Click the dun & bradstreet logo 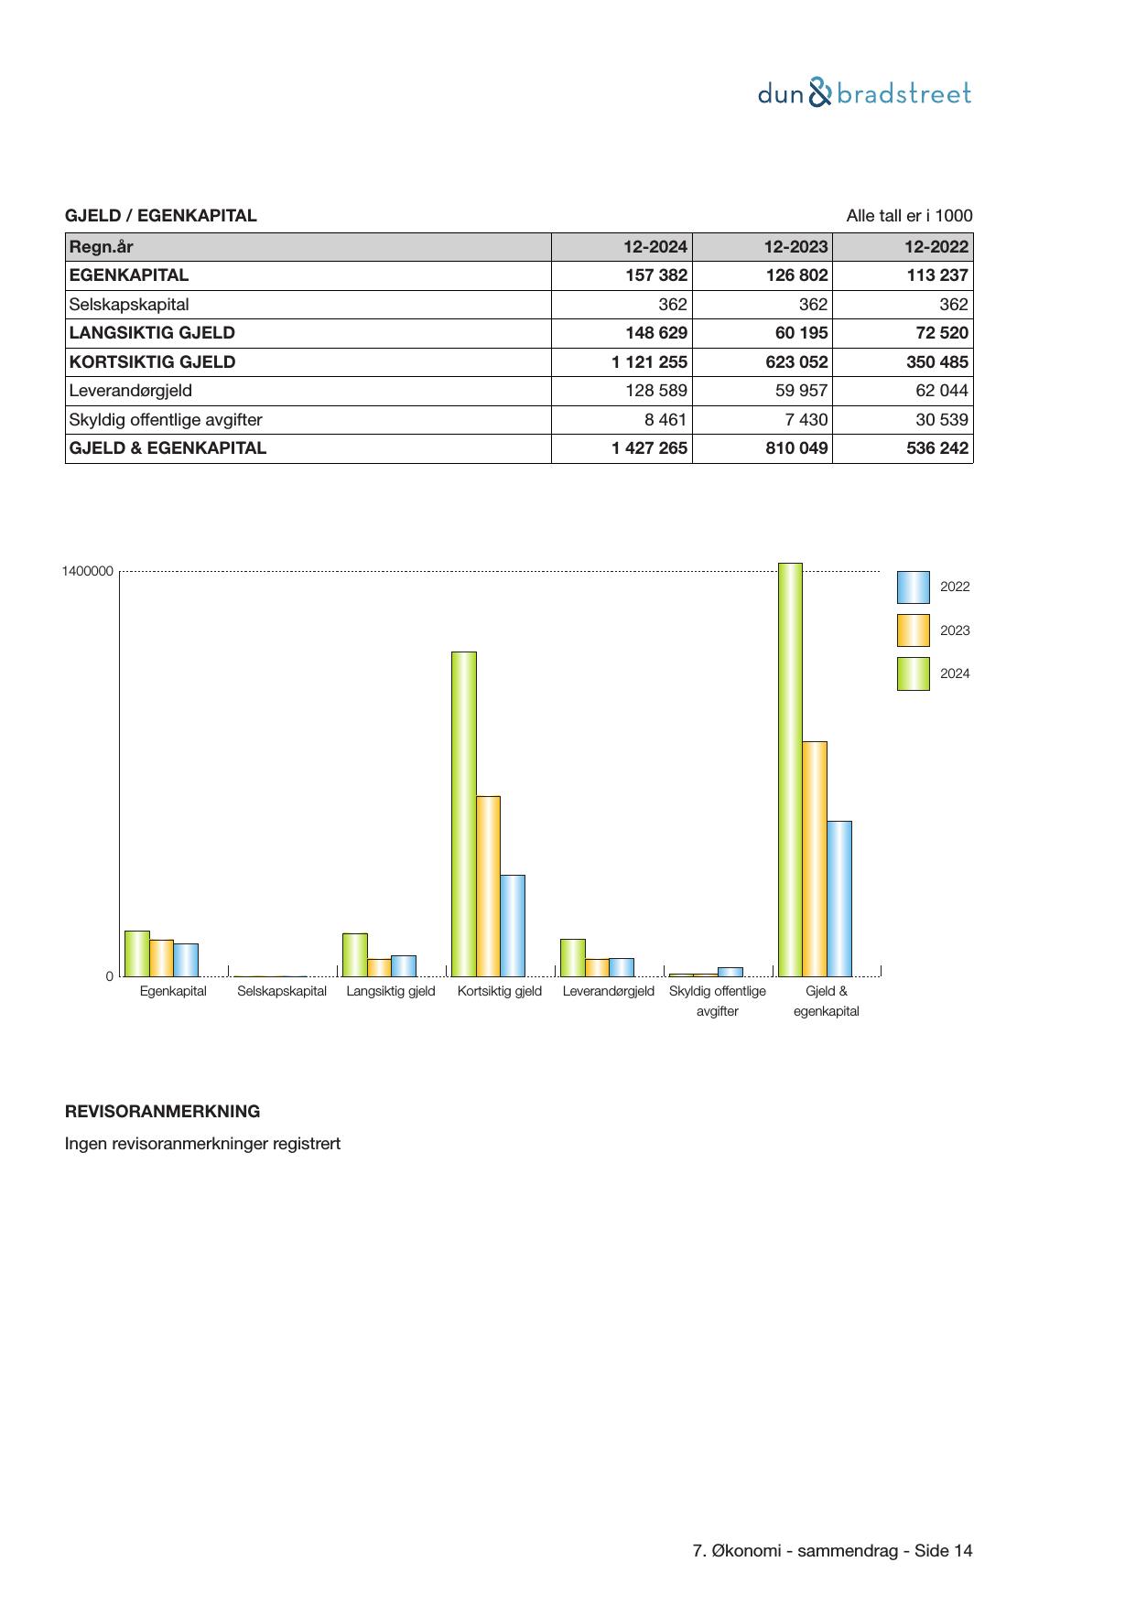coord(864,93)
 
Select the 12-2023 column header coord(795,246)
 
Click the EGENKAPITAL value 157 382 coord(656,275)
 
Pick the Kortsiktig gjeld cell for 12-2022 coord(936,362)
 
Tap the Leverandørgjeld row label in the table coord(131,391)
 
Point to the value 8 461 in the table coord(665,420)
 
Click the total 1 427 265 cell coord(649,448)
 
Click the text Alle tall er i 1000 coord(909,216)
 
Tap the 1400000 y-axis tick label coord(88,572)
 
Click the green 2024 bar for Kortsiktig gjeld coord(464,813)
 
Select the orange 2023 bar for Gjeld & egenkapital coord(815,858)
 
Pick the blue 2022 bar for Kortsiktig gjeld coord(513,925)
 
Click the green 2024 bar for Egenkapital coord(137,953)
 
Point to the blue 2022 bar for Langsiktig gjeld coord(404,965)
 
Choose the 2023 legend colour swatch coord(913,630)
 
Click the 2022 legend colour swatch coord(913,587)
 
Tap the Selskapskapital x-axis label coord(282,991)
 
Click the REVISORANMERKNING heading coord(162,1112)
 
